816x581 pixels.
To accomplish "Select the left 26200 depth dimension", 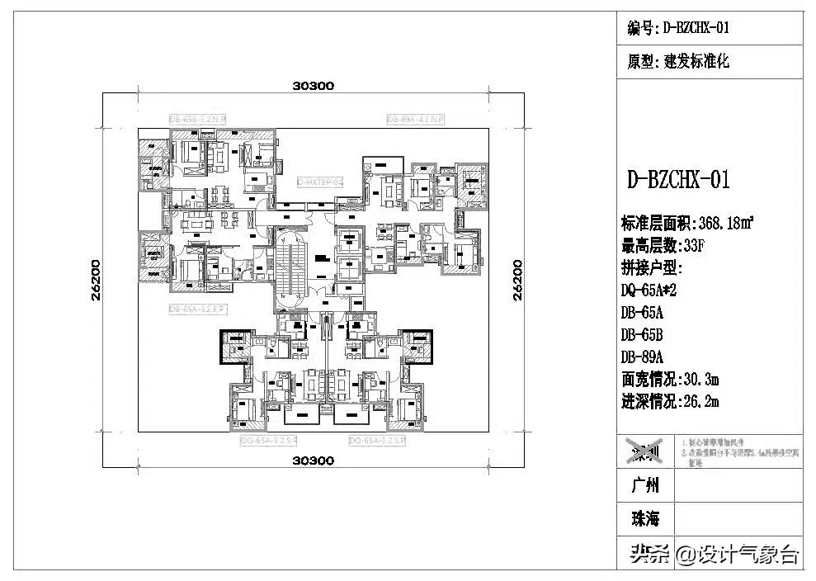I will pos(96,281).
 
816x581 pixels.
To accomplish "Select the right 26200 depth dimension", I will pos(517,281).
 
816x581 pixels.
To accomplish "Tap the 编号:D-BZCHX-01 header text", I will pos(678,29).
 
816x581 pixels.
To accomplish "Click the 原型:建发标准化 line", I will pos(678,62).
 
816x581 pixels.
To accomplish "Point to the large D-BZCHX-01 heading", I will pos(678,180).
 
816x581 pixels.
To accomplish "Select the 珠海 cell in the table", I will pos(645,519).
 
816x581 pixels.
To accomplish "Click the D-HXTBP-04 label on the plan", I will pos(319,182).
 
